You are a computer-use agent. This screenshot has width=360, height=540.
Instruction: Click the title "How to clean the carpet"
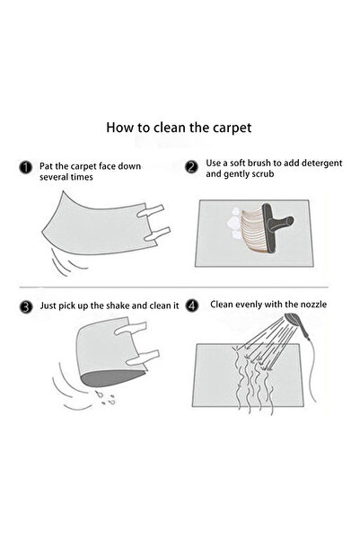(180, 128)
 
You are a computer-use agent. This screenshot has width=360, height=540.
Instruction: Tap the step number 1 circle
(27, 167)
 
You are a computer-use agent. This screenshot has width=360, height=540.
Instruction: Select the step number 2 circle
(192, 167)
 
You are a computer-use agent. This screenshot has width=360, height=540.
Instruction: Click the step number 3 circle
(27, 306)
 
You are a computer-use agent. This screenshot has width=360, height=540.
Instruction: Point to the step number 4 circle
(192, 306)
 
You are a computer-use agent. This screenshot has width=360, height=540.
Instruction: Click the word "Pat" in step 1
(48, 166)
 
